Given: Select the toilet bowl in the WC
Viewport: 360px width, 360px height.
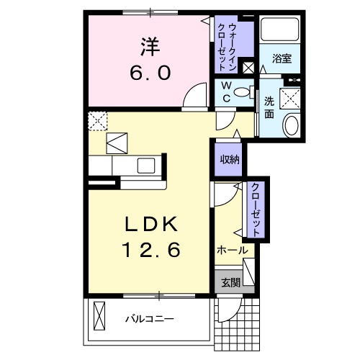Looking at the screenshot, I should pos(246,92).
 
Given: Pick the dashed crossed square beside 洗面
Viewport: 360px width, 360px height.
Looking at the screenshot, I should pos(292,97).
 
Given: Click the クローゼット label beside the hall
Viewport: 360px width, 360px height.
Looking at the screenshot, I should pos(255,208).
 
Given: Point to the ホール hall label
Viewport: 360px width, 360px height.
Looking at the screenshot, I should pos(232,251).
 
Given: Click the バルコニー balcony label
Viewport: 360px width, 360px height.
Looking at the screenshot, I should pos(152,318).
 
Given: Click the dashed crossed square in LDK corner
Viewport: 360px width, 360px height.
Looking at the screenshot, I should pos(96,120).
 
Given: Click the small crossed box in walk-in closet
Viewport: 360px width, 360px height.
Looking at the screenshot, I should pos(248,68).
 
